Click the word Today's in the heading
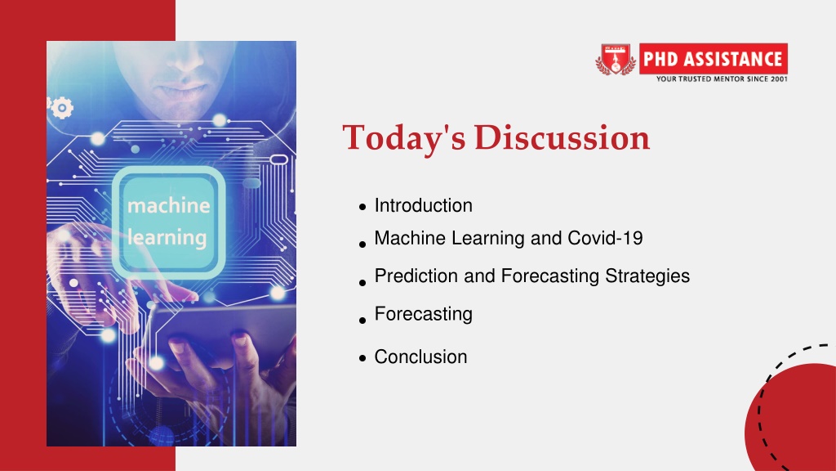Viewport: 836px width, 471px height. tap(403, 137)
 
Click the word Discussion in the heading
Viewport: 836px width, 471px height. tap(562, 137)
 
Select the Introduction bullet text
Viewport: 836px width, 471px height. tap(424, 205)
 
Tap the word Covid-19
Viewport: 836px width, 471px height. tap(605, 238)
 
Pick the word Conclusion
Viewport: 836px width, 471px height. tap(420, 357)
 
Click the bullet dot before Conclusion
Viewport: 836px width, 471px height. tap(362, 358)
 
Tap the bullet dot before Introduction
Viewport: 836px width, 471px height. tap(362, 207)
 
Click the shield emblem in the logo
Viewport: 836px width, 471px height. tap(616, 59)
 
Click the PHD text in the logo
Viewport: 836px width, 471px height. tap(660, 59)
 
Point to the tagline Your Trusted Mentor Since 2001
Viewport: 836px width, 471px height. tap(722, 79)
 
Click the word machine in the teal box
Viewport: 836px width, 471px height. tap(168, 205)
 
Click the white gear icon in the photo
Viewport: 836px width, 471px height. tap(62, 108)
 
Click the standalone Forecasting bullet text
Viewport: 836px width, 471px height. tap(424, 314)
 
